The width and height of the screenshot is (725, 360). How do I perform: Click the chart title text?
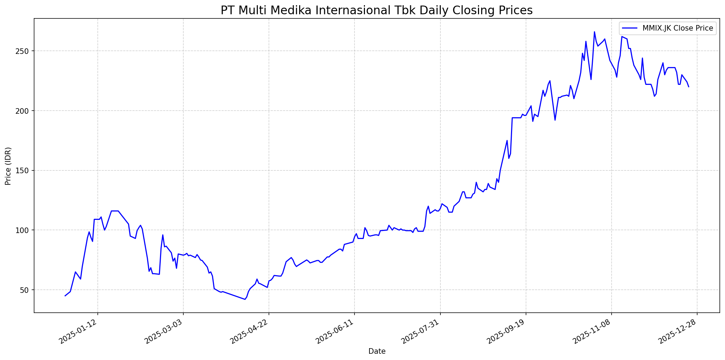point(376,10)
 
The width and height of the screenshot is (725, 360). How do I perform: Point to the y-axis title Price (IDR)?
point(8,166)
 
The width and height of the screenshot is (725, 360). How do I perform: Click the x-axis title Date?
point(377,351)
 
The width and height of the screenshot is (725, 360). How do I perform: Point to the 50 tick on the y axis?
point(26,290)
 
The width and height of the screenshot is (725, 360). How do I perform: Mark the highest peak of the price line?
point(594,32)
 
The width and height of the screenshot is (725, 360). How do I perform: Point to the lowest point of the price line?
point(245,299)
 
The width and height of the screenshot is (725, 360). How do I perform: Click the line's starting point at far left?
point(65,296)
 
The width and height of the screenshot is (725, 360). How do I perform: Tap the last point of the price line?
point(688,87)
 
